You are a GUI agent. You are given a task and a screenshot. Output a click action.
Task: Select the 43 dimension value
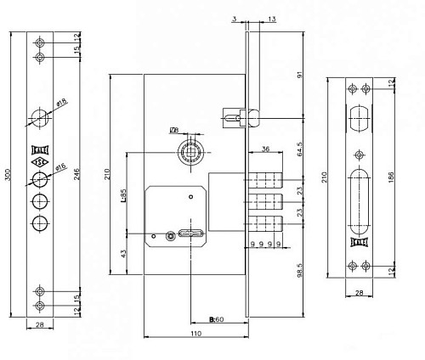tap(124, 252)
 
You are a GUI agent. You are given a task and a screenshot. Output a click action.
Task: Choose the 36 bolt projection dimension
tap(265, 150)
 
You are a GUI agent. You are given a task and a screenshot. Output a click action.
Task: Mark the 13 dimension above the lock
tap(270, 18)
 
